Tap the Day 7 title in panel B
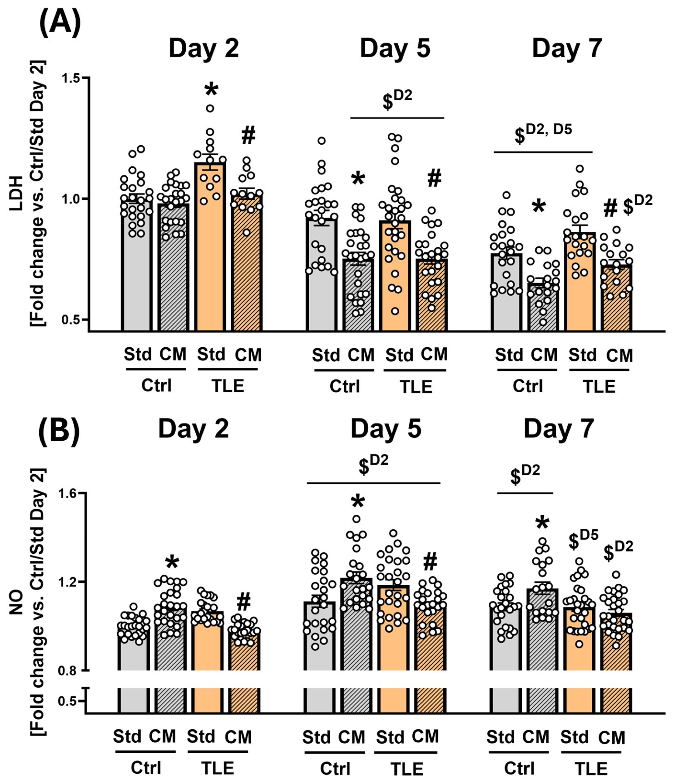[x=559, y=429]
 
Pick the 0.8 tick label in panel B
[x=68, y=671]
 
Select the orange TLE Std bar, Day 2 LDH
[x=210, y=246]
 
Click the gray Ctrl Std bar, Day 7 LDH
[x=506, y=291]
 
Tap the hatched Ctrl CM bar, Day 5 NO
[x=356, y=624]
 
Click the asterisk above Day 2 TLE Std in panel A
[x=211, y=90]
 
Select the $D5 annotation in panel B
[x=583, y=540]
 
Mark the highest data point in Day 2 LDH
[x=210, y=108]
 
